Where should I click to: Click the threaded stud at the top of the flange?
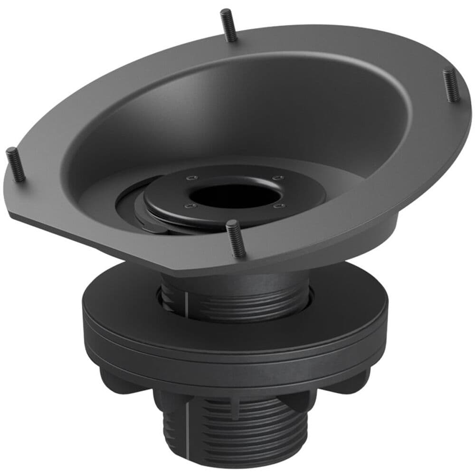click(x=228, y=25)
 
